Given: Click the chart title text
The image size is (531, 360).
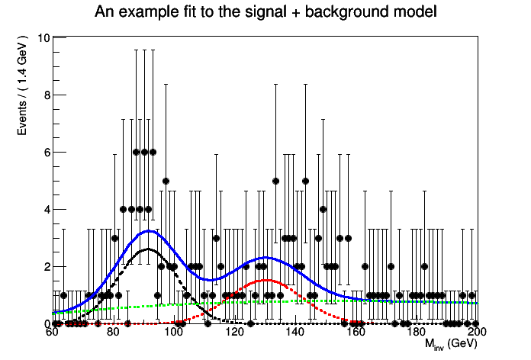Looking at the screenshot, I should click(265, 12).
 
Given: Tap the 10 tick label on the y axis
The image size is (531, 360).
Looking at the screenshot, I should click(43, 38).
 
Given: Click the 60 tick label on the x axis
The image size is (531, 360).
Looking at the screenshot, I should click(53, 333).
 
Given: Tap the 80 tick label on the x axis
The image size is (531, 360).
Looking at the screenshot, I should click(113, 333).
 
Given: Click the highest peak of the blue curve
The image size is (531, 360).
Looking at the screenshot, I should click(148, 230).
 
